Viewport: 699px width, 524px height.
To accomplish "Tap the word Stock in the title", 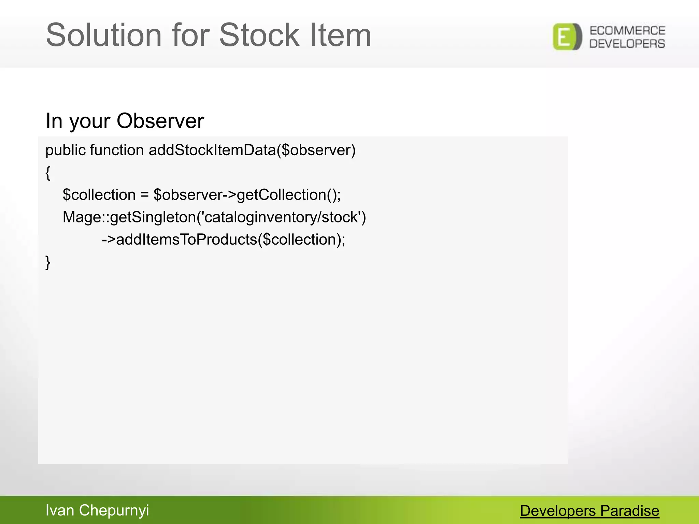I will pyautogui.click(x=259, y=35).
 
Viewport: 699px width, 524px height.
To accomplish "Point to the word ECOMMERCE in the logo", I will pyautogui.click(x=627, y=31).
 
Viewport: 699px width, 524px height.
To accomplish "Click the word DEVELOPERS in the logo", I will pyautogui.click(x=627, y=44).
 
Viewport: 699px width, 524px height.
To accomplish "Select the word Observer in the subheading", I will pyautogui.click(x=160, y=121).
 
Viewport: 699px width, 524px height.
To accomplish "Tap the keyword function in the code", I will pyautogui.click(x=117, y=150).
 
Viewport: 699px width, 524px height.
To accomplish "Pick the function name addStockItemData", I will pyautogui.click(x=212, y=150).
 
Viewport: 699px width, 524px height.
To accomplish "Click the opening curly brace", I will pyautogui.click(x=48, y=173).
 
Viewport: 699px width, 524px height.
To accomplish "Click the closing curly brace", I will pyautogui.click(x=48, y=262).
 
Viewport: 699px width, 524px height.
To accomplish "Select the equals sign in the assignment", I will pyautogui.click(x=144, y=195).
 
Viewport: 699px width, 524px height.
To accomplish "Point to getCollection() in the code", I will pyautogui.click(x=288, y=195).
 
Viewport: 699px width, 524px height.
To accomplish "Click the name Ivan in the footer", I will pyautogui.click(x=60, y=510).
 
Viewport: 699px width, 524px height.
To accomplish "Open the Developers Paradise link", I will pyautogui.click(x=589, y=511).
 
